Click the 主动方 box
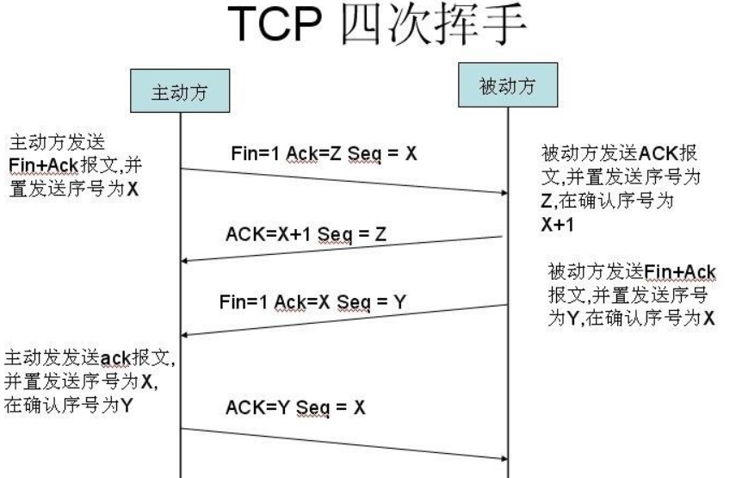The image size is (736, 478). (x=180, y=90)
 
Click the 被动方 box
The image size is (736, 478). (x=508, y=85)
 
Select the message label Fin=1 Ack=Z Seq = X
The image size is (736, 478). (x=324, y=153)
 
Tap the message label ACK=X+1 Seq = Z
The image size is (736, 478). (x=306, y=234)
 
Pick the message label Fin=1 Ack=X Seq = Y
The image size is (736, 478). (x=312, y=301)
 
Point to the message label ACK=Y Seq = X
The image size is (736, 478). (x=295, y=407)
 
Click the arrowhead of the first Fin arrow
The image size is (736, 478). (x=504, y=193)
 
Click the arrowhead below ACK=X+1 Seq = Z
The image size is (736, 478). (x=184, y=261)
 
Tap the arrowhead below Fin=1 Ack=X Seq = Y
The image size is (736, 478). (x=184, y=335)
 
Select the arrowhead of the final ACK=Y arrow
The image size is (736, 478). (x=504, y=459)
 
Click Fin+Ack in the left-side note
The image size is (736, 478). (x=43, y=165)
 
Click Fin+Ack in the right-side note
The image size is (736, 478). (x=680, y=271)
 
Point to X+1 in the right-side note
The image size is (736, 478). (x=558, y=225)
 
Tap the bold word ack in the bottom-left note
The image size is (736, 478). (x=115, y=358)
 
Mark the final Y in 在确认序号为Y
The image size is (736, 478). (x=127, y=405)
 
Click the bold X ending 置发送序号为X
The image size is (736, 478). (x=133, y=189)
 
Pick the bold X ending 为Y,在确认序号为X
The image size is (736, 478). (x=708, y=318)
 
